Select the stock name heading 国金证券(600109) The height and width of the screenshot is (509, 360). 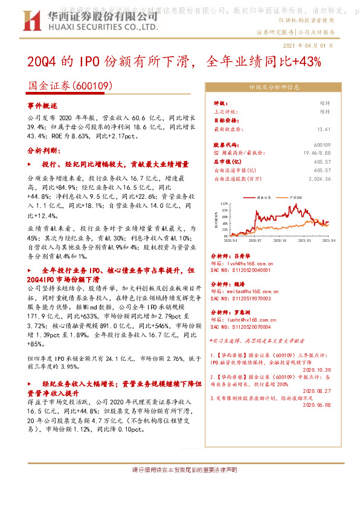[x=71, y=87]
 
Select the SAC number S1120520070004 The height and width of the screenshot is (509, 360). [x=248, y=326]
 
